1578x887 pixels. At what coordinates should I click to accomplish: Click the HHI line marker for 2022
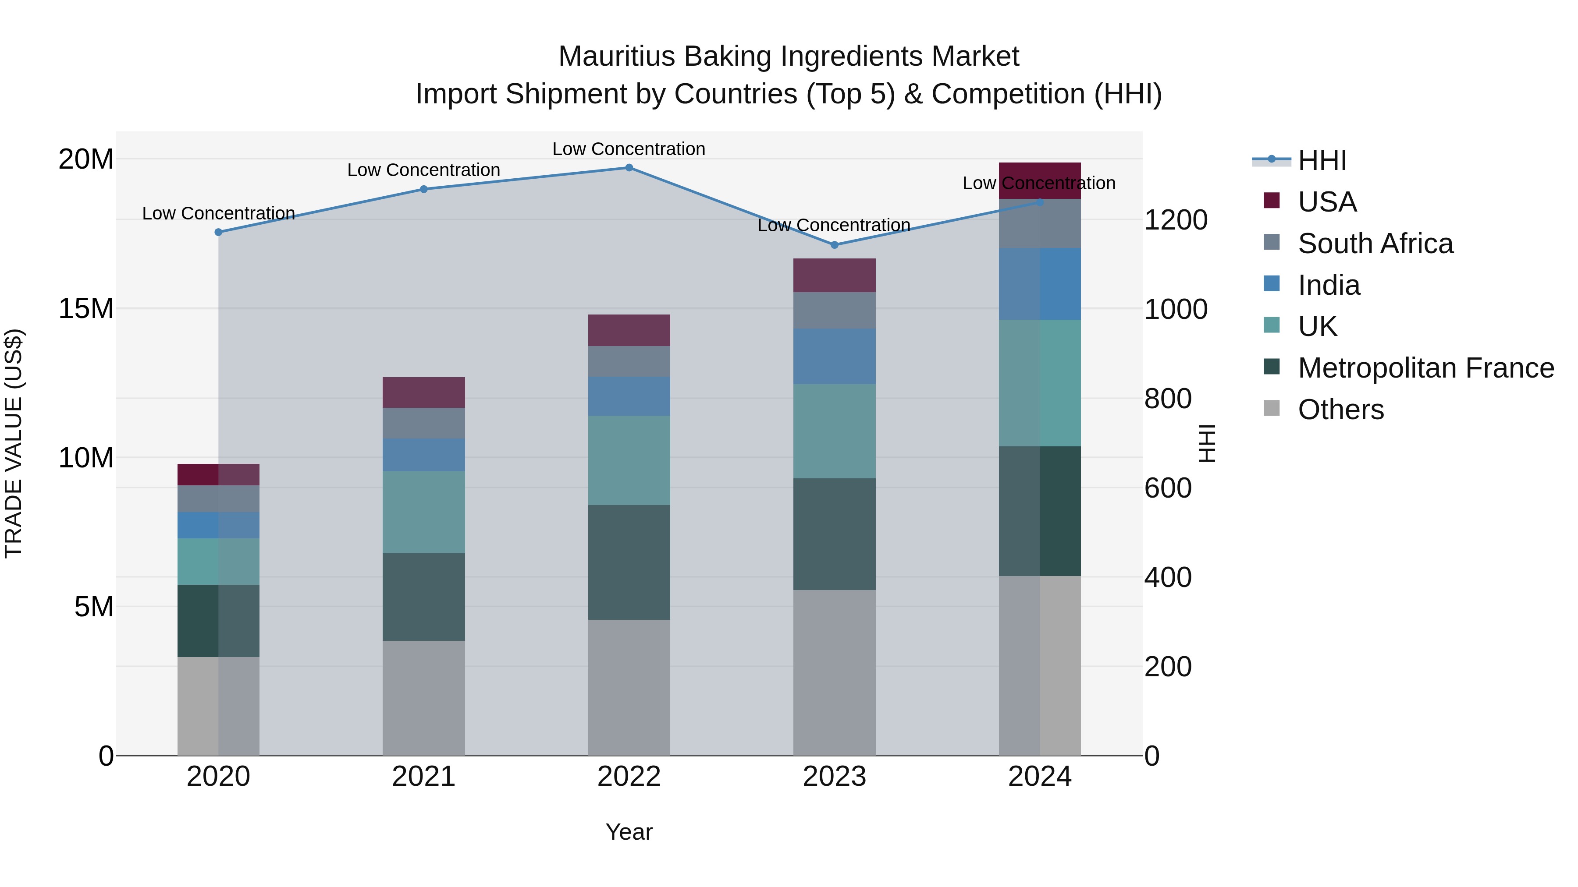pos(629,168)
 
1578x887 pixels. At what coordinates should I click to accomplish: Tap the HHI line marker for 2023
pos(834,245)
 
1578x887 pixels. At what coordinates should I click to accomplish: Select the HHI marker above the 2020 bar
pos(218,232)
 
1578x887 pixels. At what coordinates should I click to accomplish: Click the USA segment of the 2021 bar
pos(423,392)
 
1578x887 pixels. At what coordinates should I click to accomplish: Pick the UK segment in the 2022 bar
pos(629,460)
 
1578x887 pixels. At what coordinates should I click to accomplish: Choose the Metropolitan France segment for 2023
pos(834,534)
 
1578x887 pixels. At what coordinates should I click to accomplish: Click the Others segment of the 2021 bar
pos(423,698)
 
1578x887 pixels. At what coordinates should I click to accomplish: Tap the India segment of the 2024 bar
pos(1040,284)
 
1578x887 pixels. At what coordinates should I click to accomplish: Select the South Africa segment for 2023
pos(834,311)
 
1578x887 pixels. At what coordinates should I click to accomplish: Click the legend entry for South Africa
pos(1375,244)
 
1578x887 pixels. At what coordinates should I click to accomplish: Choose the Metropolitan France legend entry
pos(1425,368)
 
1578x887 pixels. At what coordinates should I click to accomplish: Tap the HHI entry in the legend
pos(1322,160)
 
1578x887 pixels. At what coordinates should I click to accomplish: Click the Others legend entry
pos(1340,410)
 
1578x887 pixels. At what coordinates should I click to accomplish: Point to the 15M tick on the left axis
pos(86,308)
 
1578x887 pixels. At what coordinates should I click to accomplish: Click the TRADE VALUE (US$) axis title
pos(14,443)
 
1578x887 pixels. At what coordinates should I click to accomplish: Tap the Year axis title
pos(629,832)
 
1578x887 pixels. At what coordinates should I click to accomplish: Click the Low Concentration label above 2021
pos(423,170)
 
